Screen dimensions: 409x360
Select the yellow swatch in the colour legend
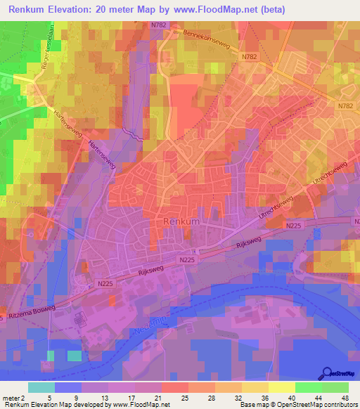[x=282, y=387]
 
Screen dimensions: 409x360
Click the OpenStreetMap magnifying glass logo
[x=326, y=373]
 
